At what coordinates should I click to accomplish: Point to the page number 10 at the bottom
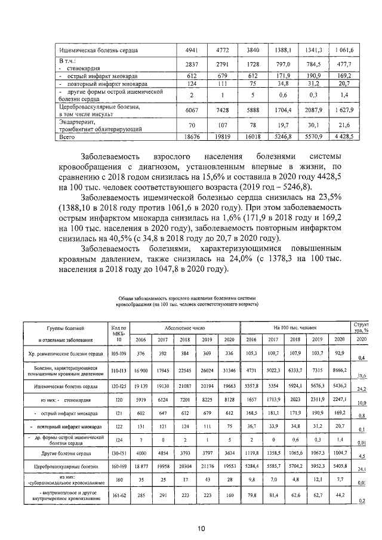(x=202, y=528)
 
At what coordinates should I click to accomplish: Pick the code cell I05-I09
(x=119, y=354)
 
